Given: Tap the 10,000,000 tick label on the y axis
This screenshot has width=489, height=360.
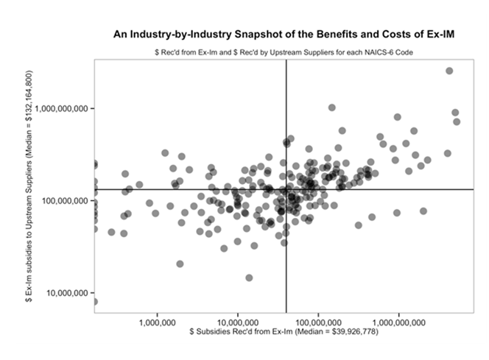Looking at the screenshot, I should (x=68, y=293).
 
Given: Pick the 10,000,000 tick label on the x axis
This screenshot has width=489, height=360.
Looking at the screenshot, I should (x=237, y=322).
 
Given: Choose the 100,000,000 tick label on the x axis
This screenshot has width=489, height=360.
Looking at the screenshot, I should (x=317, y=322).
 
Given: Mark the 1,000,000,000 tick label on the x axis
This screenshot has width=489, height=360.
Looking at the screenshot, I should (x=398, y=322).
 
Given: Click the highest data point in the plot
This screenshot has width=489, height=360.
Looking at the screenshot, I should (x=449, y=71).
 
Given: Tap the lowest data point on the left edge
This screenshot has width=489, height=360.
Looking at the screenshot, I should (x=94, y=301).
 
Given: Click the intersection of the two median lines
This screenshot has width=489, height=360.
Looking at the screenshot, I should (x=286, y=189).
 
